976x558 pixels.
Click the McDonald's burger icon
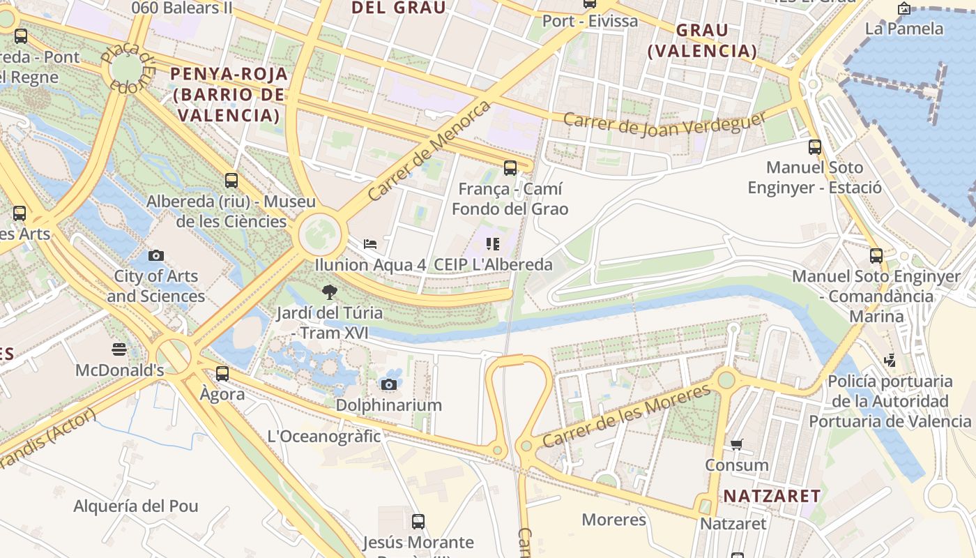[x=119, y=349]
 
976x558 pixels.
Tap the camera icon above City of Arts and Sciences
[x=156, y=256]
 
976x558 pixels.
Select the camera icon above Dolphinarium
[x=389, y=384]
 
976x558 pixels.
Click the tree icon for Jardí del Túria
[x=330, y=292]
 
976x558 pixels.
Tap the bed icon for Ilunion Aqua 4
[x=370, y=243]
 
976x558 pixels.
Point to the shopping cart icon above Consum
[x=737, y=444]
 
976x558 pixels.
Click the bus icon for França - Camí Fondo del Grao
[x=510, y=167]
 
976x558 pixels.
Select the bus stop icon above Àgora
[x=222, y=373]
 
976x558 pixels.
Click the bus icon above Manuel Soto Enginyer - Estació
[x=814, y=146]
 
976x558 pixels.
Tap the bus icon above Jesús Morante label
[x=418, y=521]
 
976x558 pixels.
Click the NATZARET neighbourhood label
[x=772, y=496]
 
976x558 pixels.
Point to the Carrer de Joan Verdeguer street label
[x=664, y=124]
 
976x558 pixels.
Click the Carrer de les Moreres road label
[x=626, y=416]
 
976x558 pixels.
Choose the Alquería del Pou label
[x=136, y=506]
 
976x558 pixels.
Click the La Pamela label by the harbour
[x=904, y=29]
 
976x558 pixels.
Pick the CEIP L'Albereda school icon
[x=493, y=243]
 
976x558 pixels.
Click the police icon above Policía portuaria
[x=890, y=361]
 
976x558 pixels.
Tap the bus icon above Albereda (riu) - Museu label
[x=231, y=181]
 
